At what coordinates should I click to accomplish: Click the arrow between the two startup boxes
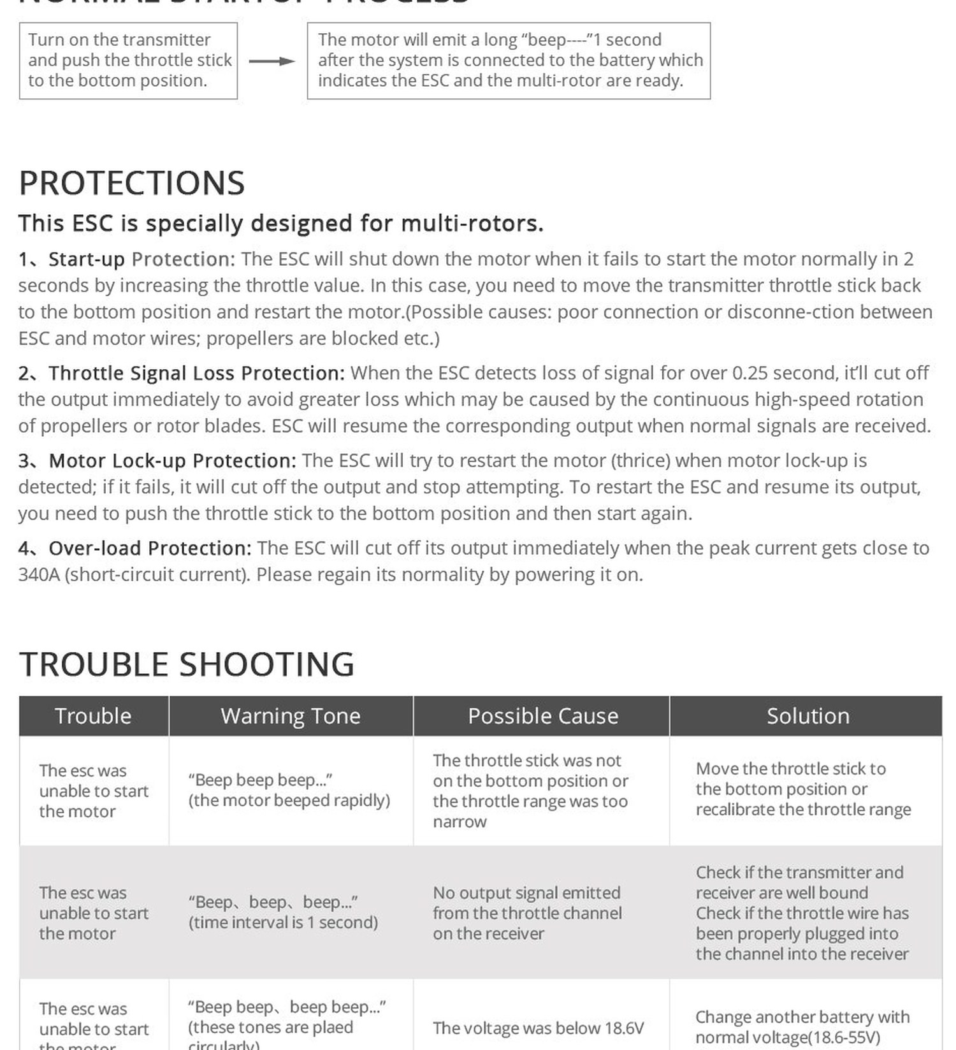click(272, 61)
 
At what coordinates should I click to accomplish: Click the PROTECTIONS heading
click(132, 183)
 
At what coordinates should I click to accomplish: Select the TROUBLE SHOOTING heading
click(186, 664)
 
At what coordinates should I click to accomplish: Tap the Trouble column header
click(93, 716)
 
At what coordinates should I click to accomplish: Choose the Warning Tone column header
click(291, 716)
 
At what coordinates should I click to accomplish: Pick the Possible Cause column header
click(542, 716)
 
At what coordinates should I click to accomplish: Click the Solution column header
click(808, 716)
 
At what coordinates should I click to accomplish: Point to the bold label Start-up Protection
click(141, 259)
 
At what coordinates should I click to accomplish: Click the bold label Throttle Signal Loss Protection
click(196, 373)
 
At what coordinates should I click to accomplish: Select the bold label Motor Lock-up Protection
click(172, 460)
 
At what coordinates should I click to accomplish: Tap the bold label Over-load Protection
click(150, 548)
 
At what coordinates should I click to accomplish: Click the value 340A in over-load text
click(39, 574)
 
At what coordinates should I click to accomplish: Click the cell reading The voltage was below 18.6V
click(538, 1028)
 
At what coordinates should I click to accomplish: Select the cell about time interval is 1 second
click(283, 912)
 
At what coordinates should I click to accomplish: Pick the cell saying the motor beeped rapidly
click(289, 790)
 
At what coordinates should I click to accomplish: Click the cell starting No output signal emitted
click(527, 913)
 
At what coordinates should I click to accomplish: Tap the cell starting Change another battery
click(802, 1027)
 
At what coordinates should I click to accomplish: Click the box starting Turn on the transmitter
click(129, 61)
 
